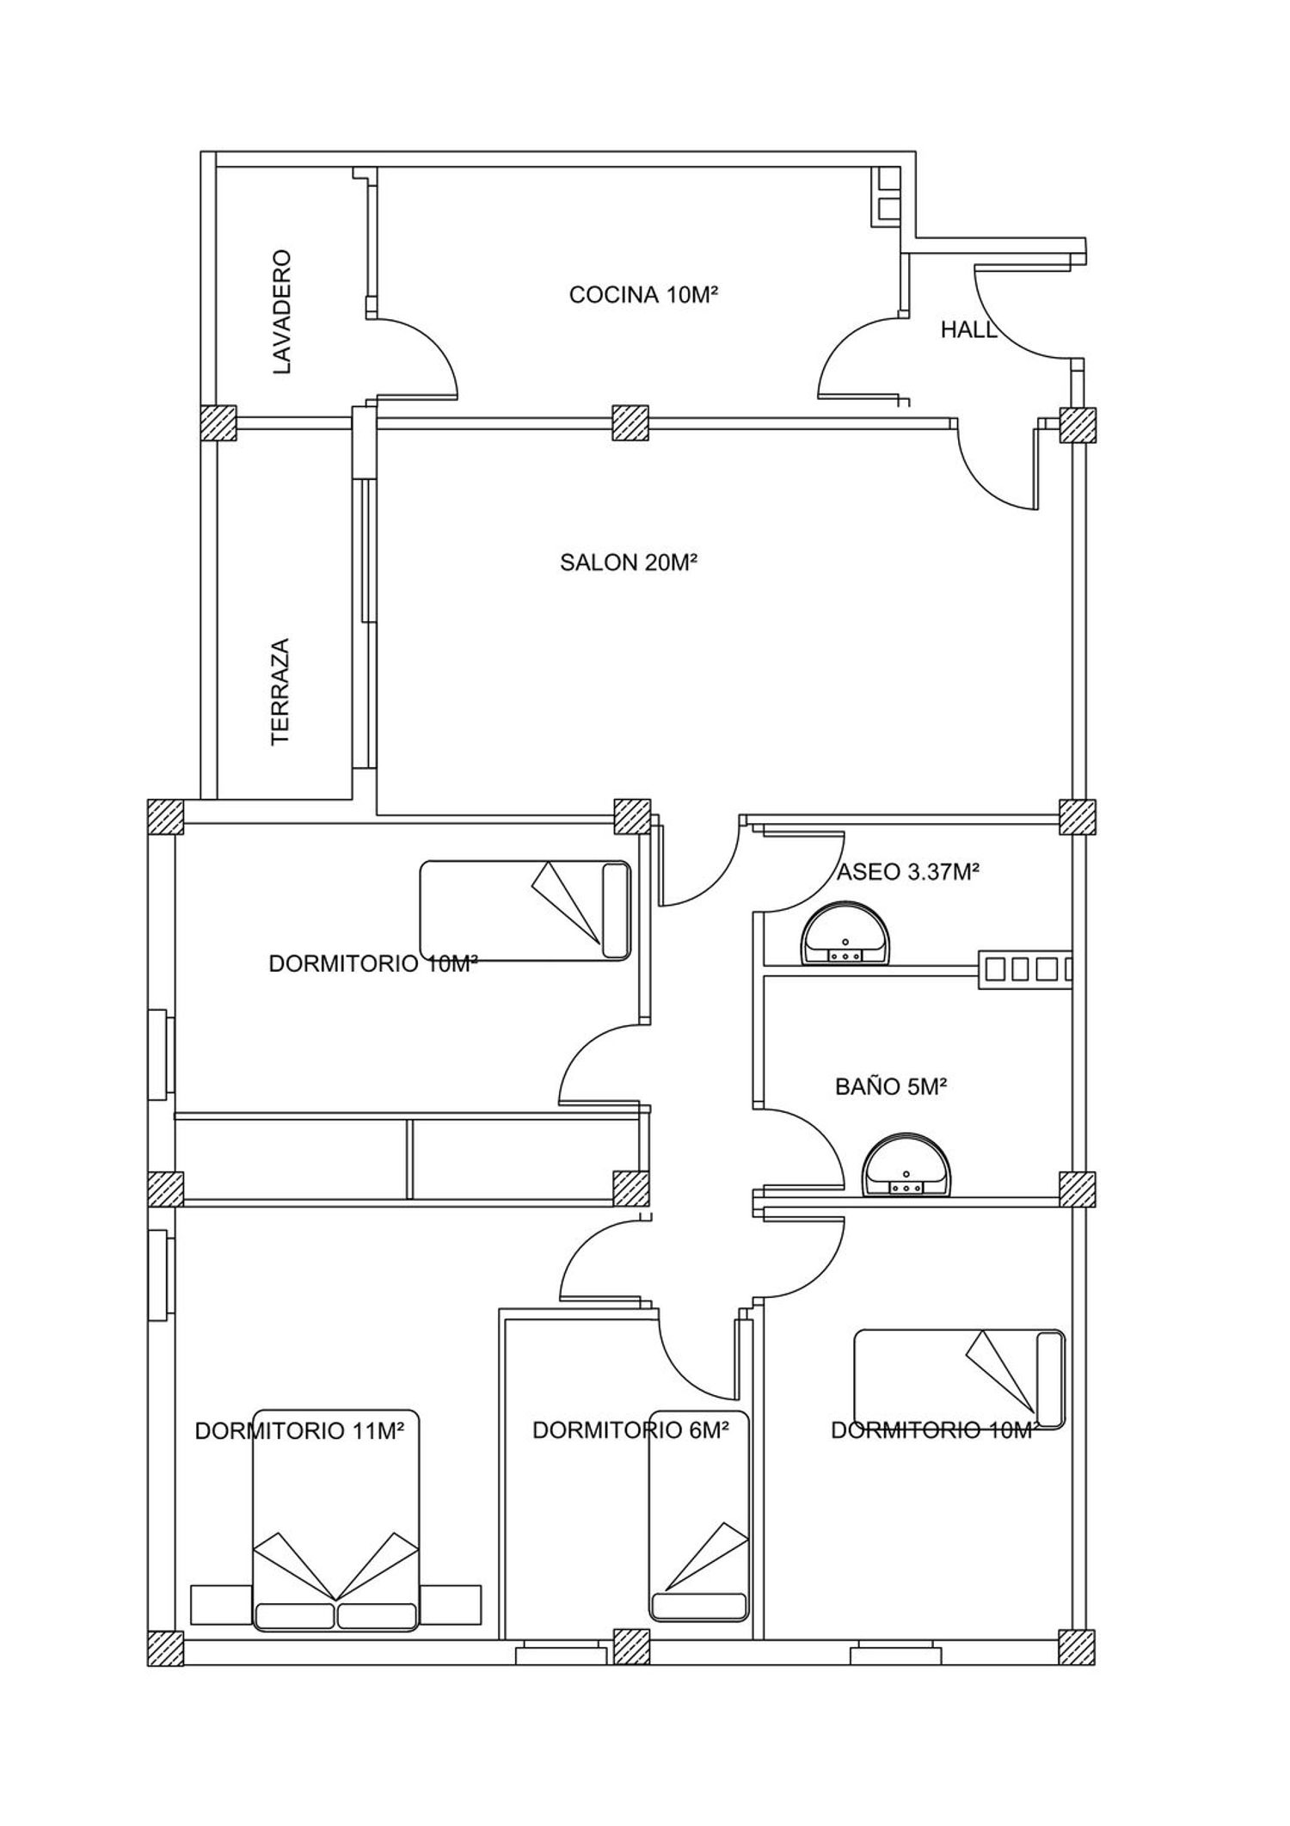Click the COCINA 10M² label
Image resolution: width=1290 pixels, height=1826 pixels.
coord(643,295)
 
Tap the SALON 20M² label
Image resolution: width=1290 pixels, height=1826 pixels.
coord(628,563)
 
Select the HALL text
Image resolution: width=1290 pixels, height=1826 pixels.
coord(968,329)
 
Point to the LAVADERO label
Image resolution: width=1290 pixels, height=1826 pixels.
coord(282,312)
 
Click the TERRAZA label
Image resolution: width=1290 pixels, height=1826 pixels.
coord(280,692)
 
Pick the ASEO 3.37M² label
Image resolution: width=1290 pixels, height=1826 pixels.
coord(909,872)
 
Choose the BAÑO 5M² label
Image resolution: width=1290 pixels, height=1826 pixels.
coord(891,1087)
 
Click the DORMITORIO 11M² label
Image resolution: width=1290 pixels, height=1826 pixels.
coord(300,1431)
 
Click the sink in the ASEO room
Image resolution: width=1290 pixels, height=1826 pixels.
coord(847,935)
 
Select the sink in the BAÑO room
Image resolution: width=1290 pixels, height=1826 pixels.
coord(906,1166)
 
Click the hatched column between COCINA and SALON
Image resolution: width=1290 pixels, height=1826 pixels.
coord(630,423)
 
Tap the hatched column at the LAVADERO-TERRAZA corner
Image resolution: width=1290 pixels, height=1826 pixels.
coord(218,423)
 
